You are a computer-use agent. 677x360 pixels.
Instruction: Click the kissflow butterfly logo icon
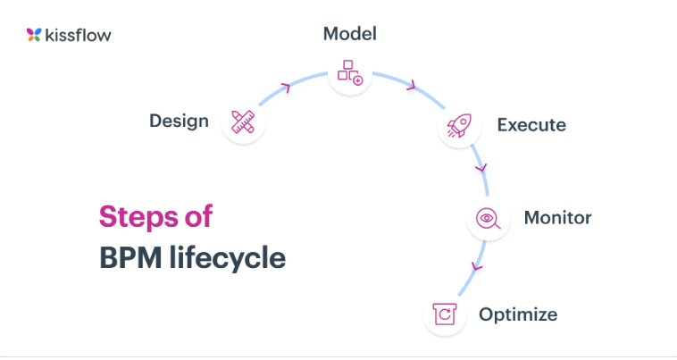point(34,35)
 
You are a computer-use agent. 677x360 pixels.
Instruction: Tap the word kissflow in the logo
point(78,35)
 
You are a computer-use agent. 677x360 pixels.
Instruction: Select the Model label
point(350,34)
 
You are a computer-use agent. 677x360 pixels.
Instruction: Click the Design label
point(179,121)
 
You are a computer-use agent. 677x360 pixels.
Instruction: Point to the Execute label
point(531,125)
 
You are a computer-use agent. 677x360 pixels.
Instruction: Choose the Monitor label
point(557,218)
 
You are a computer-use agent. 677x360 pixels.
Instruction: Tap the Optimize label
point(518,314)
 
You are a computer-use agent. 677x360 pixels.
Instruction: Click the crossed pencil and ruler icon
point(243,121)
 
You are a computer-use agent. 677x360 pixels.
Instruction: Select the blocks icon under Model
point(350,72)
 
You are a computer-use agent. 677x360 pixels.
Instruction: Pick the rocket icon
point(459,126)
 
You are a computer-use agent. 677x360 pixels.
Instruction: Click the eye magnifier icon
point(489,219)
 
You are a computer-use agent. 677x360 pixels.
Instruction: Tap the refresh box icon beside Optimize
point(445,314)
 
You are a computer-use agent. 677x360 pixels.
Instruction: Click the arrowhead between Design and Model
point(286,88)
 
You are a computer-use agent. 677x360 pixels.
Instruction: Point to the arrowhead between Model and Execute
point(411,86)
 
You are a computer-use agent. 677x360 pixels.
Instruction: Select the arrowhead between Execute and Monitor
point(481,167)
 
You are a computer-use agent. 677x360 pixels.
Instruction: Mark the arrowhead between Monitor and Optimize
point(477,267)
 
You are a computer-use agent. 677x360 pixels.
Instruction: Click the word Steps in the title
point(138,217)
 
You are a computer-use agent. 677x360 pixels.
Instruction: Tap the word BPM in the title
point(130,257)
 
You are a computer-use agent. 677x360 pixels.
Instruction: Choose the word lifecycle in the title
point(227,258)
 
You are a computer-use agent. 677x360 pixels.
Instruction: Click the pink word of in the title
point(198,215)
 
